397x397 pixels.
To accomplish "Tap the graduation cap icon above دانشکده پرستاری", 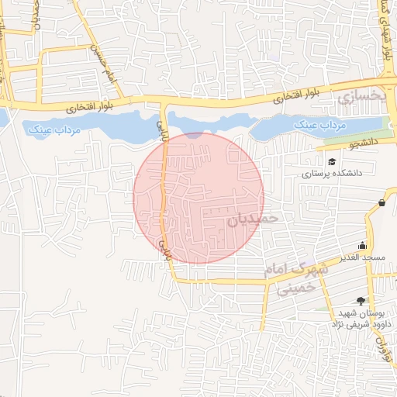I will (332, 161).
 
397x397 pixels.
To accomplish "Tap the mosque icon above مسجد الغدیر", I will (362, 245).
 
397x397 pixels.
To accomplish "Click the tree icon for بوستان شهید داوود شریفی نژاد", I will (360, 300).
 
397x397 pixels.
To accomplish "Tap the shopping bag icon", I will (382, 203).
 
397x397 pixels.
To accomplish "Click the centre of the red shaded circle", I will (198, 198).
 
